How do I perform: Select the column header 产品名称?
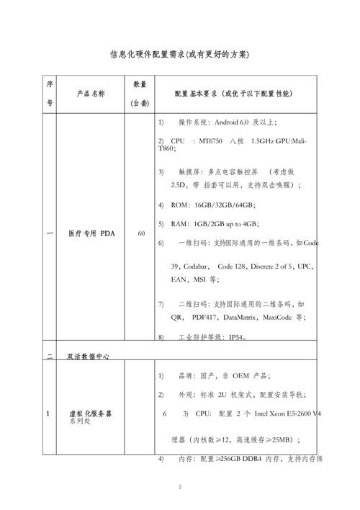coord(91,94)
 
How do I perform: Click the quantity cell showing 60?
coord(141,233)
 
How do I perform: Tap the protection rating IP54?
coord(238,336)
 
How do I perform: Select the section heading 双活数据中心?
coord(89,355)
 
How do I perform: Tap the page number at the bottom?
coord(179,488)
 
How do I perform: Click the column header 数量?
coord(141,84)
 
